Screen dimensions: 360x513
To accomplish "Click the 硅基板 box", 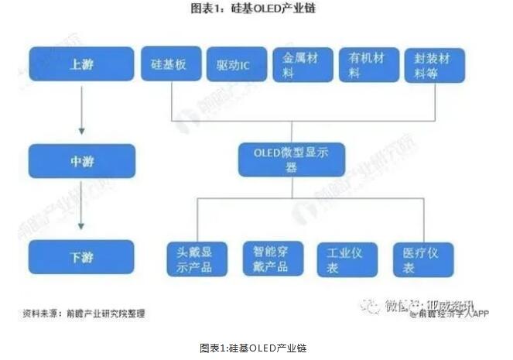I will (169, 66).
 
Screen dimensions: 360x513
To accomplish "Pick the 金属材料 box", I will (303, 66).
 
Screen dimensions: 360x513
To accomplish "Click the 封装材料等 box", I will (435, 66).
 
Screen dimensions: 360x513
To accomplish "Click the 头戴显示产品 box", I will (197, 259).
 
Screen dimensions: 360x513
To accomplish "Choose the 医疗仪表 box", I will (422, 259).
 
